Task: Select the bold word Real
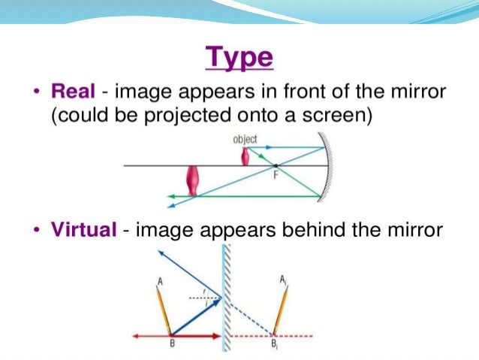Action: pos(73,92)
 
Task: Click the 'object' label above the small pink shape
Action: pos(245,139)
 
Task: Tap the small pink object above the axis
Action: pos(245,156)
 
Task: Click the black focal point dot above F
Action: pos(276,165)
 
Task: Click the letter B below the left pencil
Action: pos(173,345)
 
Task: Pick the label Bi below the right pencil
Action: pos(274,346)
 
